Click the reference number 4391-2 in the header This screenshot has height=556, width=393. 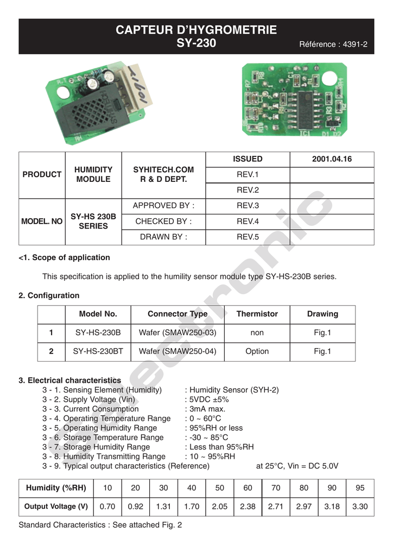(334, 45)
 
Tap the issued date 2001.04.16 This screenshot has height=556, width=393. (332, 159)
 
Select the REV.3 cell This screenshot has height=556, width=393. (248, 206)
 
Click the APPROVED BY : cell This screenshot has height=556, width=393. (163, 206)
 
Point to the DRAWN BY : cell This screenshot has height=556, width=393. (163, 237)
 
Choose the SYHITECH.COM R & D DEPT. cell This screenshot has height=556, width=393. (163, 174)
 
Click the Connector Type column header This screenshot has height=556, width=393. (178, 314)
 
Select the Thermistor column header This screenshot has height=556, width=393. (257, 314)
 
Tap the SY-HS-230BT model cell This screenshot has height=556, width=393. (98, 351)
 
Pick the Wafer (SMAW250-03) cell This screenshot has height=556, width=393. (178, 332)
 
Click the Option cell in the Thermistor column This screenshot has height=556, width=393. (257, 351)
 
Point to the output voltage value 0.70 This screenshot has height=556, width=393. (107, 507)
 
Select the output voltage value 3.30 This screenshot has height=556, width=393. (360, 507)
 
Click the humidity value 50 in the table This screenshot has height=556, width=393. (220, 488)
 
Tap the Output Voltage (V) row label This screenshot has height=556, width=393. (56, 507)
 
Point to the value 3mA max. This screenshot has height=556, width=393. (207, 409)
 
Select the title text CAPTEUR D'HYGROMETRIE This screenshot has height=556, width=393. (196, 30)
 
